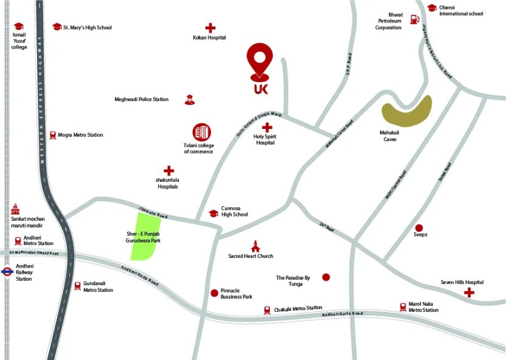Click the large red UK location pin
point(260,61)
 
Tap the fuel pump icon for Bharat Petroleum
point(415,19)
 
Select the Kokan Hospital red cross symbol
point(210,27)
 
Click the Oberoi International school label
point(461,10)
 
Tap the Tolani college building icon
point(201,132)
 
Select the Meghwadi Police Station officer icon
point(189,99)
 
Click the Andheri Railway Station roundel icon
point(8,272)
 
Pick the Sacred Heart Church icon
point(255,246)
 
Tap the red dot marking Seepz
point(419,227)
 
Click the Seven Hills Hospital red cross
point(469,293)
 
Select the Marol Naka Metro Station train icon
point(402,307)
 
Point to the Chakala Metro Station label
point(298,308)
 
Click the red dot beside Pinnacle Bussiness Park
point(213,293)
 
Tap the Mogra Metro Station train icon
point(53,135)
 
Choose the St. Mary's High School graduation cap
point(57,27)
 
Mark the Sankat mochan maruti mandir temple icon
point(16,209)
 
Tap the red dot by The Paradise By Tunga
point(326,277)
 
